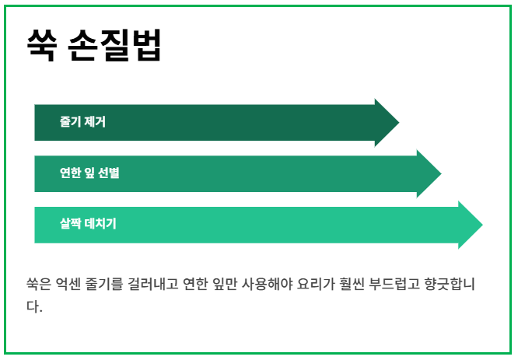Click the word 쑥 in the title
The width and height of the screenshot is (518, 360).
(x=40, y=44)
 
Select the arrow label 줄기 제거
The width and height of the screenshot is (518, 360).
(x=82, y=122)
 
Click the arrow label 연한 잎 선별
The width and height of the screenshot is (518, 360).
(x=89, y=173)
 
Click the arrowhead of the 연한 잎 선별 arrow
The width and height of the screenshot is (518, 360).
(x=429, y=173)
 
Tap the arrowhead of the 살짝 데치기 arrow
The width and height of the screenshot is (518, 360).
(x=471, y=225)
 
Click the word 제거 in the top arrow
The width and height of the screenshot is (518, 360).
(x=94, y=122)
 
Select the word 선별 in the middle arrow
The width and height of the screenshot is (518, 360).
(x=109, y=173)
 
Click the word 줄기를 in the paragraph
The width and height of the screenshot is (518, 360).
(x=109, y=285)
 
